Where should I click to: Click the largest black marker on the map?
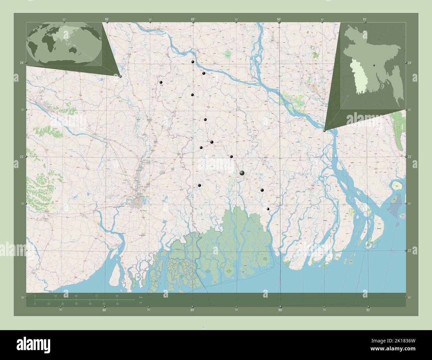pos(242,173)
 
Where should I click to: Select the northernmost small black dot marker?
pos(192,62)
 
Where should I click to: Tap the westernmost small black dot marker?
pos(161,82)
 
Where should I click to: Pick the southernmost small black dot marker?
pos(268,209)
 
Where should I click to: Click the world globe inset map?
pos(65,44)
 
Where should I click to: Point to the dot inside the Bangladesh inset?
pos(374,65)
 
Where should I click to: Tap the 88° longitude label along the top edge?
pos(107,20)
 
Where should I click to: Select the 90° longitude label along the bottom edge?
pos(280,310)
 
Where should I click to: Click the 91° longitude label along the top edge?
pos(365,20)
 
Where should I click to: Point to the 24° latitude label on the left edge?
pos(21,63)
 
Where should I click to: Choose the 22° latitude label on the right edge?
pos(410,250)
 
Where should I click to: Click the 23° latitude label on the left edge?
pos(21,156)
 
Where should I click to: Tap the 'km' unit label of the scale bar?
pos(141,298)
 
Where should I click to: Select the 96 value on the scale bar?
pos(117,296)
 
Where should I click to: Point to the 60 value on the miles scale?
pos(118,304)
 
